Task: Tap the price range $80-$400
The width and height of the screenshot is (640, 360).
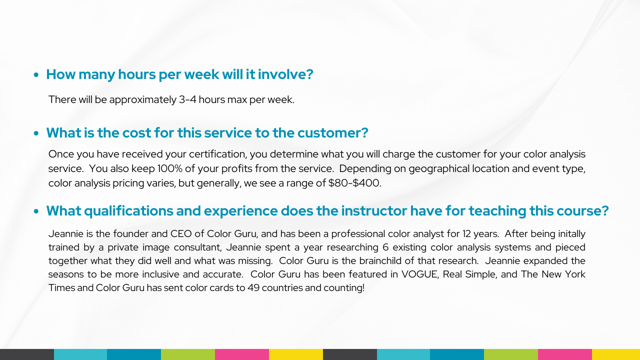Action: [354, 183]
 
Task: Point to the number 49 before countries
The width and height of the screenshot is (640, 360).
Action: [253, 287]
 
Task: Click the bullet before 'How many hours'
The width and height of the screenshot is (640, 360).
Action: [36, 75]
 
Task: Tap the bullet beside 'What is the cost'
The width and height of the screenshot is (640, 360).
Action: [36, 133]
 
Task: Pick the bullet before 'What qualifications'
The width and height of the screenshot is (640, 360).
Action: [36, 211]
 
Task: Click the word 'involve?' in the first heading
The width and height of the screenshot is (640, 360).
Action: [285, 74]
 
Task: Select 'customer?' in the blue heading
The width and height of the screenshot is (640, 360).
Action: [333, 133]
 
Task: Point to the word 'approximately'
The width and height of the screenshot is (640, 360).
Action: [143, 100]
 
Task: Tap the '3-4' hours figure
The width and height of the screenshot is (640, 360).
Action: [187, 99]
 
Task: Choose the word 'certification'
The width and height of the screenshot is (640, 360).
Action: [217, 154]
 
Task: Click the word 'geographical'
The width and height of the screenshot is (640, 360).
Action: [439, 169]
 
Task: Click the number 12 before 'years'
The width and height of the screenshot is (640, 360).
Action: [466, 233]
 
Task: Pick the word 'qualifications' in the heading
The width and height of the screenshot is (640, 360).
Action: [128, 211]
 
